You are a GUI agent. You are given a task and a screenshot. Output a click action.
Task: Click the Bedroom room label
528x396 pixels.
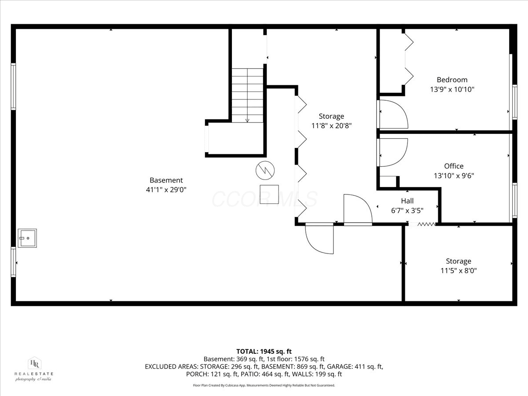pyautogui.click(x=452, y=80)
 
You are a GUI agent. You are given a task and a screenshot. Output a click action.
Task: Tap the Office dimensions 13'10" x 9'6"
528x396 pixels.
pyautogui.click(x=454, y=176)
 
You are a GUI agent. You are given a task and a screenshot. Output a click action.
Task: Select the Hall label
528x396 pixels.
pyautogui.click(x=407, y=201)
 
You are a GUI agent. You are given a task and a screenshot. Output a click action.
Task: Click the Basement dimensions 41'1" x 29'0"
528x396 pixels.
pyautogui.click(x=166, y=190)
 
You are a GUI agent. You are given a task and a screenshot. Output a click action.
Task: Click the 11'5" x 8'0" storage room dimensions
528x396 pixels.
pyautogui.click(x=458, y=271)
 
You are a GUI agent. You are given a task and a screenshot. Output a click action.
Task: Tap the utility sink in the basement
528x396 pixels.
pyautogui.click(x=27, y=238)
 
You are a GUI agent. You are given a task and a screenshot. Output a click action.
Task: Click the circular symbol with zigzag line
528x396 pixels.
pyautogui.click(x=265, y=170)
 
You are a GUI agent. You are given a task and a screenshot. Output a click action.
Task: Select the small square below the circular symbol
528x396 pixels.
pyautogui.click(x=269, y=194)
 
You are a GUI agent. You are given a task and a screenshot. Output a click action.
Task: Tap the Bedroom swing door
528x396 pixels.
pyautogui.click(x=392, y=114)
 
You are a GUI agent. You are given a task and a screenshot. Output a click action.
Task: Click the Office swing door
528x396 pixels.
pyautogui.click(x=392, y=152)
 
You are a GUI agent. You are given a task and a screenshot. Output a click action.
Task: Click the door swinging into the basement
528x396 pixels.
pyautogui.click(x=319, y=239)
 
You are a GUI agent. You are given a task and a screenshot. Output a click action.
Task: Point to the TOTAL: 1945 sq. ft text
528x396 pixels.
pyautogui.click(x=264, y=352)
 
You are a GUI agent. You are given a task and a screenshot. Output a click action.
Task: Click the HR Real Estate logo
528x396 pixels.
pyautogui.click(x=34, y=369)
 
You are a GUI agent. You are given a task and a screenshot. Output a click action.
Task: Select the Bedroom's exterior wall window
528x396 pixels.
pyautogui.click(x=514, y=102)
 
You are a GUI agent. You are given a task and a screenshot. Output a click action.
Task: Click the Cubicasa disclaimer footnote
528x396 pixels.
pyautogui.click(x=264, y=385)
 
